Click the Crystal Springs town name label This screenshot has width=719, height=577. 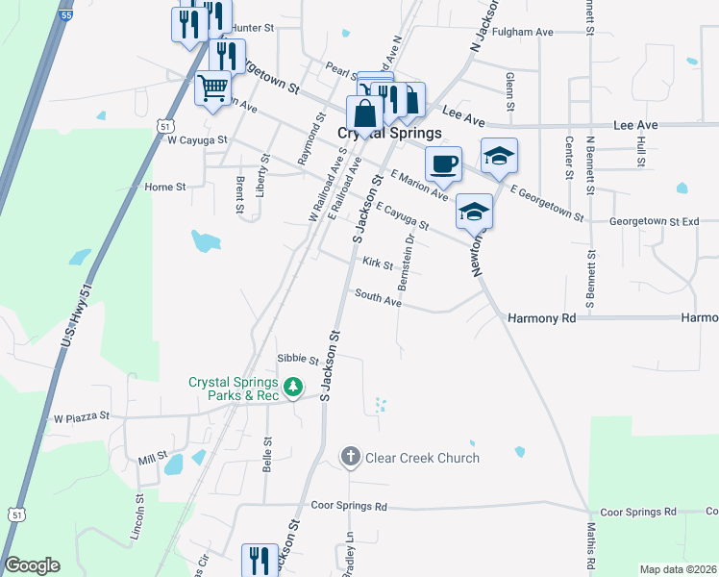pyautogui.click(x=389, y=134)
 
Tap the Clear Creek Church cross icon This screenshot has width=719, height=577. pyautogui.click(x=351, y=457)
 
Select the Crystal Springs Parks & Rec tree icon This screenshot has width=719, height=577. pyautogui.click(x=293, y=388)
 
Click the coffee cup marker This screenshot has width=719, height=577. pyautogui.click(x=443, y=163)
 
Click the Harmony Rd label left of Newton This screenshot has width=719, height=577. pyautogui.click(x=541, y=317)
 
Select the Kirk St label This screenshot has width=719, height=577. pyautogui.click(x=378, y=263)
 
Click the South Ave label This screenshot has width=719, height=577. pyautogui.click(x=378, y=299)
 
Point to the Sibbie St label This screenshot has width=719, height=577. pyautogui.click(x=297, y=361)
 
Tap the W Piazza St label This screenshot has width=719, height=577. pyautogui.click(x=83, y=418)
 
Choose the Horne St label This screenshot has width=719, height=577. pyautogui.click(x=164, y=187)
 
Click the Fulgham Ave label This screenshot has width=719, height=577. pyautogui.click(x=523, y=32)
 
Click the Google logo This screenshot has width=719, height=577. pyautogui.click(x=32, y=565)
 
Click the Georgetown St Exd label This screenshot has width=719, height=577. pyautogui.click(x=654, y=221)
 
